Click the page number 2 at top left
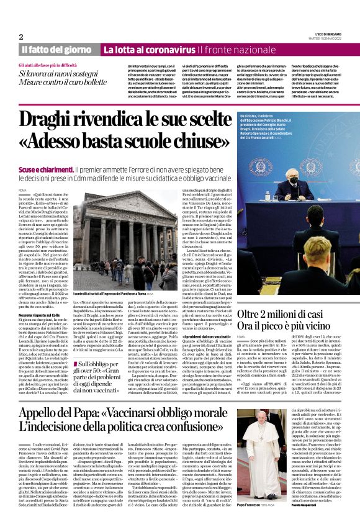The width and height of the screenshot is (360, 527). tap(21, 37)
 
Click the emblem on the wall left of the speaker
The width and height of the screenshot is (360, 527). tap(258, 166)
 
